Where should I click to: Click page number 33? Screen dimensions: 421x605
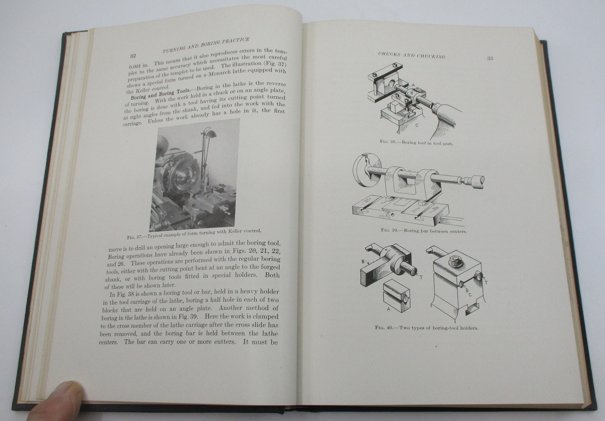point(490,58)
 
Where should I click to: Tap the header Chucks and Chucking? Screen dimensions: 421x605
point(412,55)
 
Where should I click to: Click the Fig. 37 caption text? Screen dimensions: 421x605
point(194,234)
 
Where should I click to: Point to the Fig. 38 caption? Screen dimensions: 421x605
point(416,143)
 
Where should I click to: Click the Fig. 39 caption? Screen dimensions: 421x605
point(423,231)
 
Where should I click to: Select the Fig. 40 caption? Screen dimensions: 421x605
point(427,328)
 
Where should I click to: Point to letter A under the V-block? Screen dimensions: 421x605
point(388,309)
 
